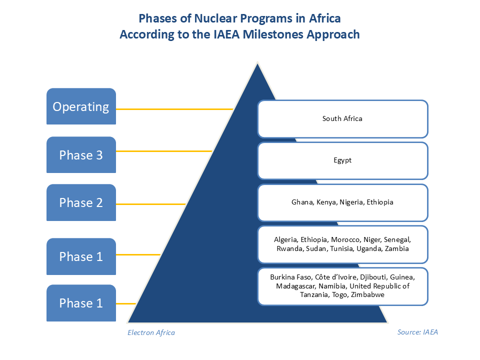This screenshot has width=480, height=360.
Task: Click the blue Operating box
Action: click(x=81, y=106)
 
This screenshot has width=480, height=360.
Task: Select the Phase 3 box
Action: click(x=81, y=155)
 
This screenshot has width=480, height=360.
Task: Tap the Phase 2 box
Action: click(x=81, y=202)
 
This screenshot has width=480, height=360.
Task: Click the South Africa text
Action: click(x=342, y=118)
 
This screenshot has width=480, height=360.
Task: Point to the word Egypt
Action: click(x=342, y=160)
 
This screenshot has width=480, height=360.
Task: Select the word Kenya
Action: click(x=326, y=202)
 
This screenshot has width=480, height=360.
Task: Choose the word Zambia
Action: click(x=397, y=248)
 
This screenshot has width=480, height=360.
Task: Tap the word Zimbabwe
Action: click(x=367, y=295)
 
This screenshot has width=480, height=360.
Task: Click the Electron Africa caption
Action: click(x=151, y=332)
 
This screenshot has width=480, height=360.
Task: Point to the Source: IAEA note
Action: click(x=417, y=332)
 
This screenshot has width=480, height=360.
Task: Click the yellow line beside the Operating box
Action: click(x=174, y=108)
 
